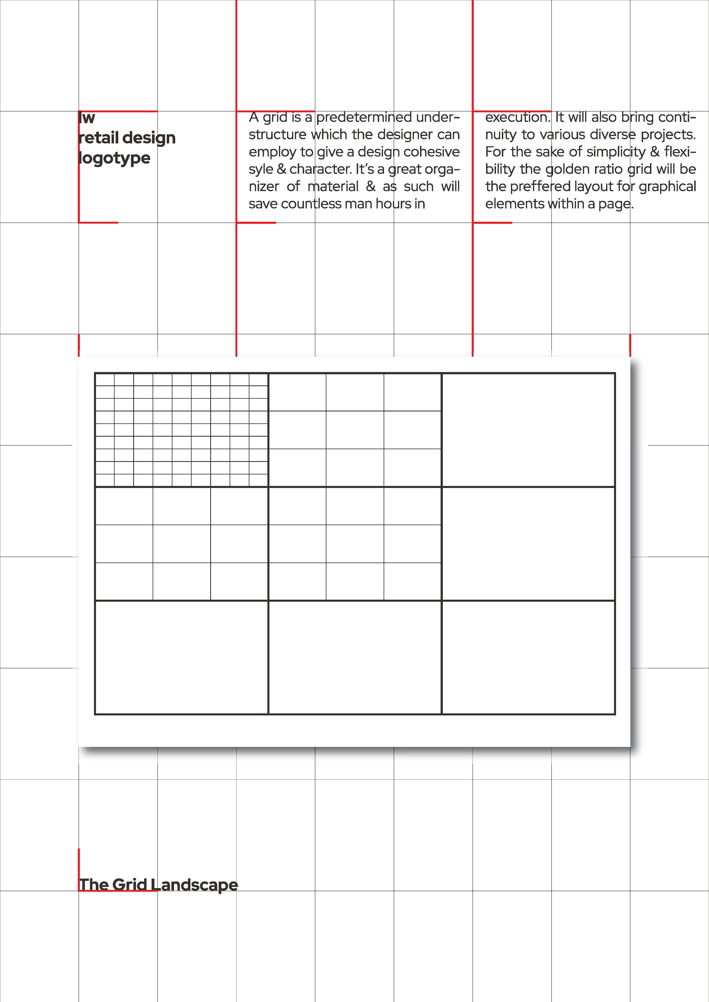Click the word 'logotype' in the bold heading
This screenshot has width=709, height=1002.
114,158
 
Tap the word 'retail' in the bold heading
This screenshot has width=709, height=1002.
99,138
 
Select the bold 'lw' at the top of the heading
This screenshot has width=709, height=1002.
87,118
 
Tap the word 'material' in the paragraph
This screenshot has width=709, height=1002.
333,187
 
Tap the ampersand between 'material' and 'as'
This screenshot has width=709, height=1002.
371,187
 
